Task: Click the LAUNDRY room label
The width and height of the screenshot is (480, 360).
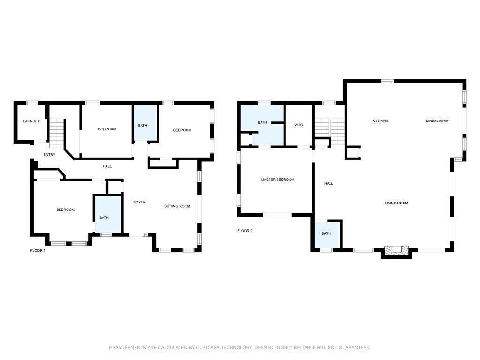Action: click(31, 121)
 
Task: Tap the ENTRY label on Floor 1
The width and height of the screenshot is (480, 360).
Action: click(49, 155)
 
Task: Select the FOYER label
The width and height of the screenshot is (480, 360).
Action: click(139, 202)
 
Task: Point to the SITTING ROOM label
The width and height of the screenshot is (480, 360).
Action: click(177, 206)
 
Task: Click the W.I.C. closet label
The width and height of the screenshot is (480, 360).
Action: click(299, 125)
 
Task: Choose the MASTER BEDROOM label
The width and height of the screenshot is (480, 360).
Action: click(277, 180)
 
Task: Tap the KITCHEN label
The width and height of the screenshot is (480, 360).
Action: click(380, 121)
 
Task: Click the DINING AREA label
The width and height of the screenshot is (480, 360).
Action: click(437, 121)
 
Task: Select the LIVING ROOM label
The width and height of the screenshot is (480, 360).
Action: click(397, 203)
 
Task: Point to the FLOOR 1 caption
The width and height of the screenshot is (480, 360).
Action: click(37, 250)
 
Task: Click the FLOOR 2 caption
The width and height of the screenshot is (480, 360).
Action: click(245, 231)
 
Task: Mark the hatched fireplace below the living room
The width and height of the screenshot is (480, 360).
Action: click(397, 249)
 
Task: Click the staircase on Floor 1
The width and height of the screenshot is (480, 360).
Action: click(57, 133)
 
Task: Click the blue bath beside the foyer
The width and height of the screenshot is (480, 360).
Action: click(108, 214)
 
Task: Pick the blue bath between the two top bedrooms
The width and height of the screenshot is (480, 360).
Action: click(145, 123)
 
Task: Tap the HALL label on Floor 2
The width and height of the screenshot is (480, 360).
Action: click(329, 183)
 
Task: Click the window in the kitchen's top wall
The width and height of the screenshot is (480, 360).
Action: click(387, 81)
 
